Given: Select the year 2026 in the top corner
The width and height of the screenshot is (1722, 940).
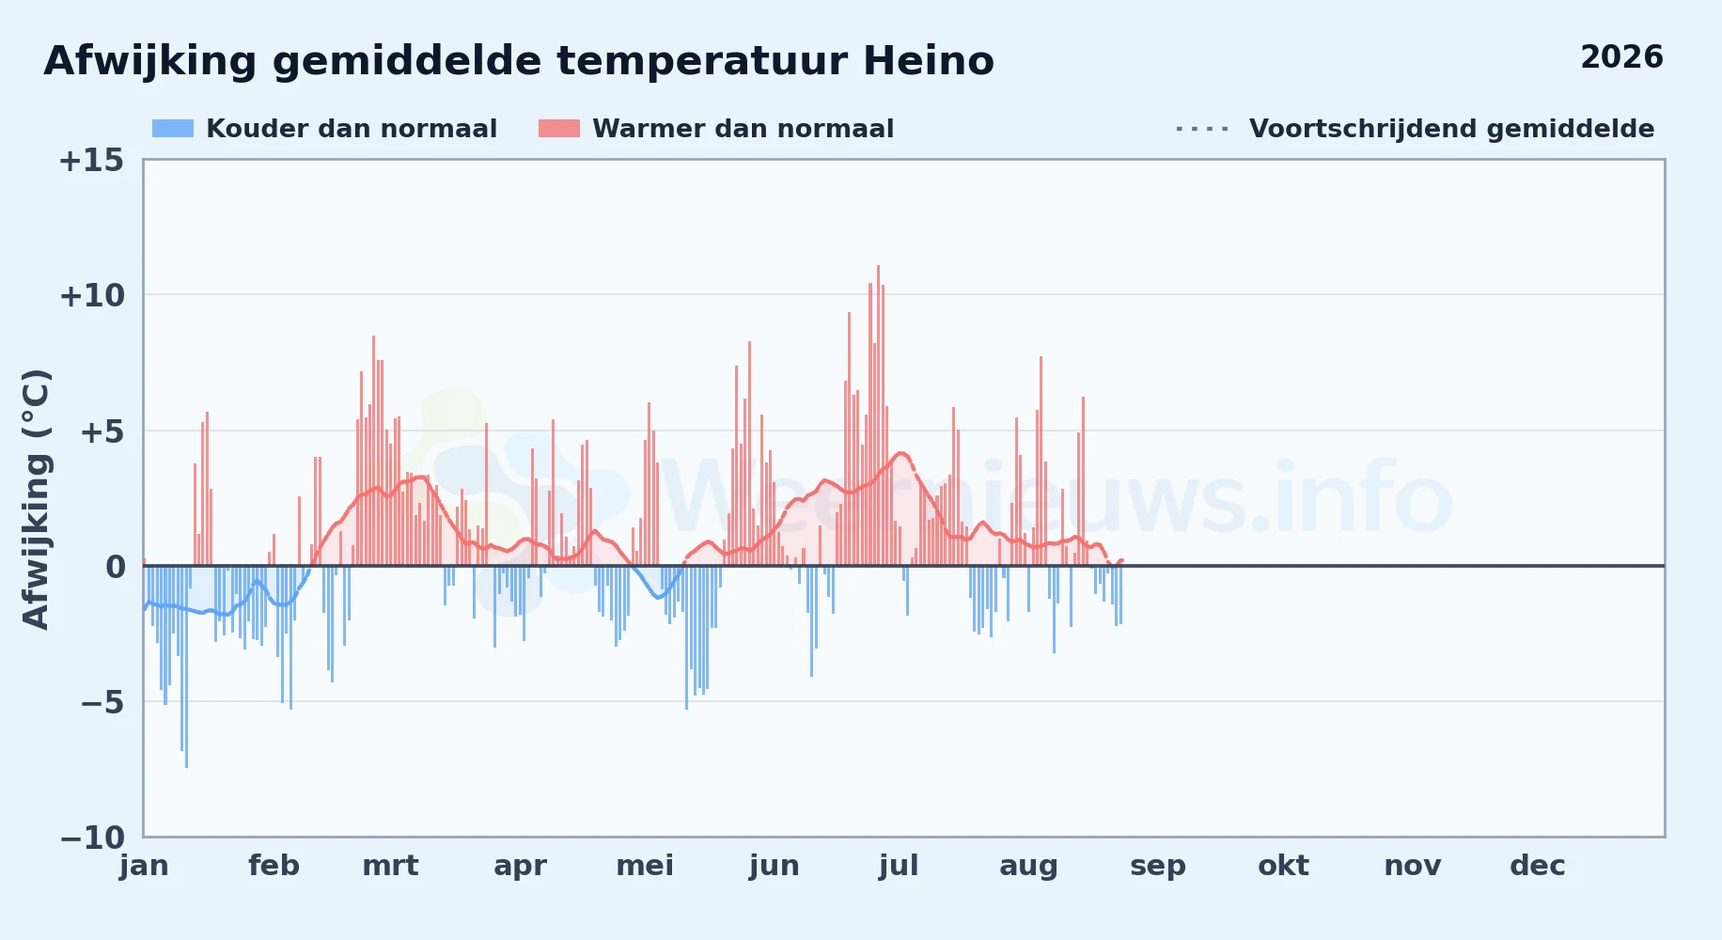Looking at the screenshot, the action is point(1621,57).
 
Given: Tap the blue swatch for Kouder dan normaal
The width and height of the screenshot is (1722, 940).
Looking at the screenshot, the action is point(173,129).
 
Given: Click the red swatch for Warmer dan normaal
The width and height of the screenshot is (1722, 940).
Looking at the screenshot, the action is point(559,129).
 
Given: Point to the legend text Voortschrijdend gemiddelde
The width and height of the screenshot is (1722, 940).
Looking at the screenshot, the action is point(1451,129).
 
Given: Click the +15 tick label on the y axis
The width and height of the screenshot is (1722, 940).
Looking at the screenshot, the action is point(91,161).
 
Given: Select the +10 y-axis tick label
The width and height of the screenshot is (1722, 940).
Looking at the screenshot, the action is point(91,296).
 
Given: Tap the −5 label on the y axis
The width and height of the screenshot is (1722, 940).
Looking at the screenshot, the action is point(102,702).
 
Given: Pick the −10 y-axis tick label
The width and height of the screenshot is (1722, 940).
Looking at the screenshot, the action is point(91,838).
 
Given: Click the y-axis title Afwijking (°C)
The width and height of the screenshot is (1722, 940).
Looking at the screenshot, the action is point(36,499).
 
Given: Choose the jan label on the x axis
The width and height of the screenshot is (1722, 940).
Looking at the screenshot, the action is point(144,866).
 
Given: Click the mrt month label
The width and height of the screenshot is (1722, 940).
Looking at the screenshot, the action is point(390,866).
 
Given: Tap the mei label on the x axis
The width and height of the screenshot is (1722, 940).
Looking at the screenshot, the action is point(645,866).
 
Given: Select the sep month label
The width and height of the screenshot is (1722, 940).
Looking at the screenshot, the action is point(1158,867).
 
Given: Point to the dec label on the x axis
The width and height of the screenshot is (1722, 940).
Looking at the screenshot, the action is point(1538,866).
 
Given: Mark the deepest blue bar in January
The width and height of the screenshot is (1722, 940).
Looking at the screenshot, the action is point(186,666).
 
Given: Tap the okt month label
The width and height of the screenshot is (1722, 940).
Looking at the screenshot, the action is point(1283,866).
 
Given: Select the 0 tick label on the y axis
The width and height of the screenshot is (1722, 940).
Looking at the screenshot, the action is point(115,567).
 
